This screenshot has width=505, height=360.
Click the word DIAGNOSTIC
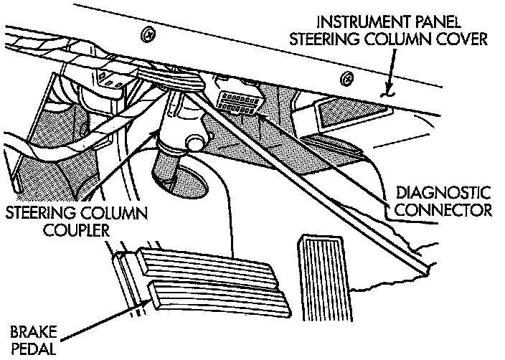pos(443,194)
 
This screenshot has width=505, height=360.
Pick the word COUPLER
pos(57,230)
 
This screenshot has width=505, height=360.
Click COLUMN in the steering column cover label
pos(390,38)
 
